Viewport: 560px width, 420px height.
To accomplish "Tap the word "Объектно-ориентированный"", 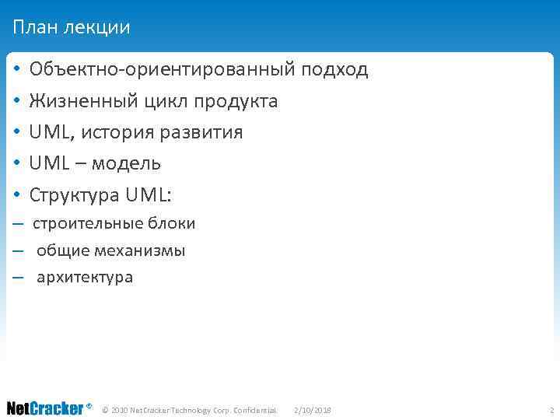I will (162, 70).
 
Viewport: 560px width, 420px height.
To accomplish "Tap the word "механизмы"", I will (140, 251).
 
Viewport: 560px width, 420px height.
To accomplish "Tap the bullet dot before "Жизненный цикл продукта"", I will (16, 102).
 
